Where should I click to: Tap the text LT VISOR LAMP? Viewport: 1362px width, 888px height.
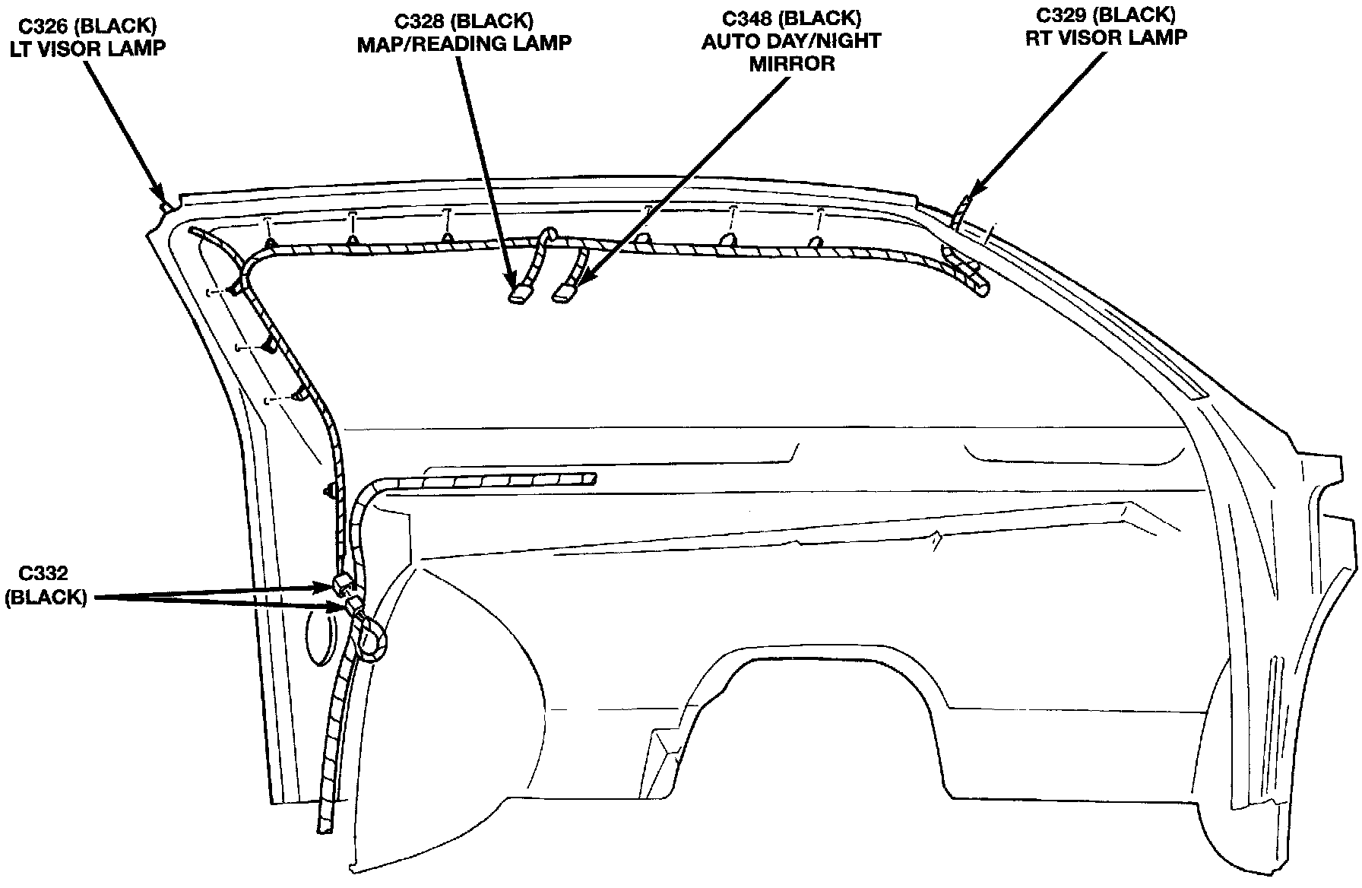[87, 48]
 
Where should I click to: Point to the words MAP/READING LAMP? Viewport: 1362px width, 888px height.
[464, 43]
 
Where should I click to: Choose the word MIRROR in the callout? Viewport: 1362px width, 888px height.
[791, 64]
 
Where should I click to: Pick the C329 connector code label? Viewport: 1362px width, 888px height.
[1066, 15]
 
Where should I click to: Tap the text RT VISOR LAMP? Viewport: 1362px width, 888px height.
[1106, 38]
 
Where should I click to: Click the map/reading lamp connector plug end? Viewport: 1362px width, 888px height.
[520, 293]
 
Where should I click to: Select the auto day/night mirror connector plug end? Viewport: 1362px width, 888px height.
[565, 293]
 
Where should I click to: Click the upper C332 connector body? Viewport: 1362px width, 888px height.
[342, 584]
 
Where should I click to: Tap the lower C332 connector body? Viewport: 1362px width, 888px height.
[354, 605]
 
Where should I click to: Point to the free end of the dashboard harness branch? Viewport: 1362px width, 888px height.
[589, 478]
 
